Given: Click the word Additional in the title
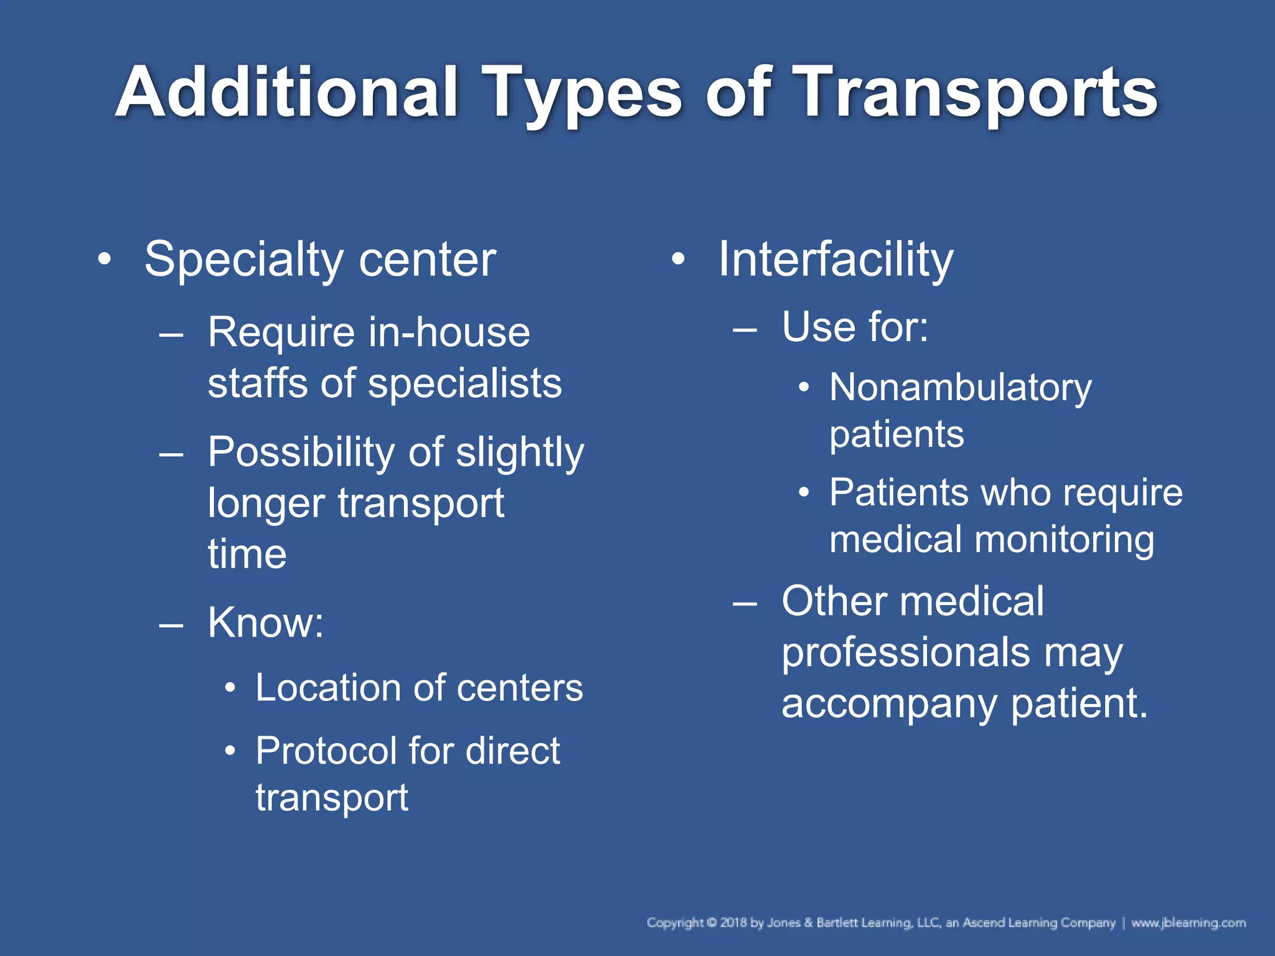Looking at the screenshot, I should pyautogui.click(x=287, y=93).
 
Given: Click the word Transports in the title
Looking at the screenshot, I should pyautogui.click(x=977, y=93).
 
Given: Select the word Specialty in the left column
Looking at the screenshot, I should pyautogui.click(x=243, y=260).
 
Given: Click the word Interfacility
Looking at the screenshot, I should pyautogui.click(x=835, y=260).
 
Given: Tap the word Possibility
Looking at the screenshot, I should pyautogui.click(x=300, y=452).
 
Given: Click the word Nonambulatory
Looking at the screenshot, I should pyautogui.click(x=960, y=388).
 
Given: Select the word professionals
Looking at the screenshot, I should pyautogui.click(x=906, y=653).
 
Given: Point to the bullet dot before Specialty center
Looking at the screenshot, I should pyautogui.click(x=105, y=259).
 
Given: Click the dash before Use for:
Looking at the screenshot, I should pyautogui.click(x=745, y=328).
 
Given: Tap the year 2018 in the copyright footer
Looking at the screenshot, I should pyautogui.click(x=733, y=922).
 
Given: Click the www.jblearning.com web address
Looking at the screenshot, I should pyautogui.click(x=1188, y=922).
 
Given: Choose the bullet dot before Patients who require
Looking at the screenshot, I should pyautogui.click(x=804, y=493).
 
